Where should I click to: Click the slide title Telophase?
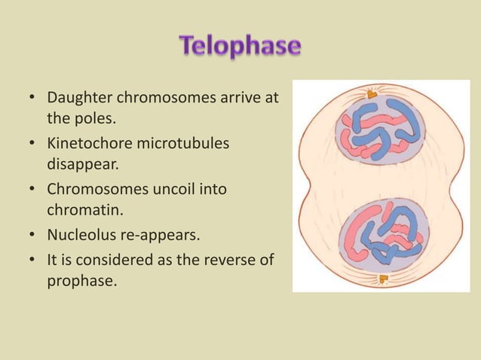pos(240,47)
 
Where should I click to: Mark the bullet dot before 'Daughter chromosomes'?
pos(33,98)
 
